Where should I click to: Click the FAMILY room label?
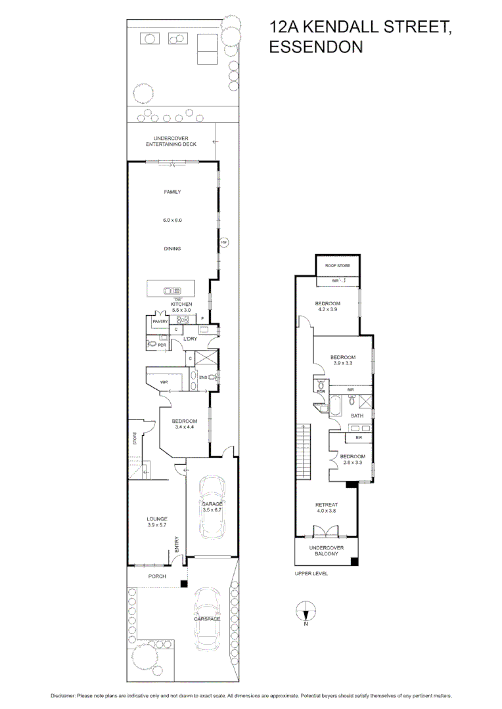172,192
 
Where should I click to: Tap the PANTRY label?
160,322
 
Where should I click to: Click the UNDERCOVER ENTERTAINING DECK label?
171,141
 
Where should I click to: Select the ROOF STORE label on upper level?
338,266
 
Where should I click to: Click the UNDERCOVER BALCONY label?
327,550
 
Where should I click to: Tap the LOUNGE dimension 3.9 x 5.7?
157,525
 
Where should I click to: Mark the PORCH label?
156,576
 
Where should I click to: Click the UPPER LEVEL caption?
311,573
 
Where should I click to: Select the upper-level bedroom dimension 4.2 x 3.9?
327,309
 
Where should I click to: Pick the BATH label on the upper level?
357,416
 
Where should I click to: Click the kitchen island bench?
171,290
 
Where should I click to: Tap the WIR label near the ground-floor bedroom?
164,381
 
